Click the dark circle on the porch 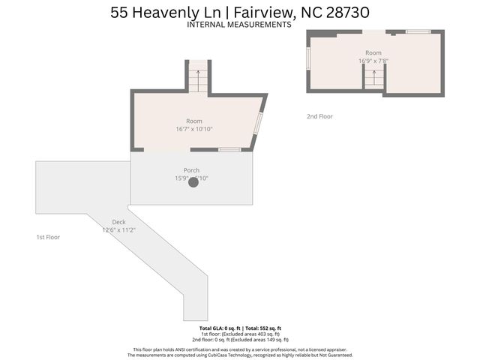pos(193,181)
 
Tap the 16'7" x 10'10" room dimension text pos(194,129)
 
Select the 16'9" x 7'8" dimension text pos(373,61)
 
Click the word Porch pos(191,170)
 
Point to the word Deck pos(118,222)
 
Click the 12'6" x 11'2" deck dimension pos(118,230)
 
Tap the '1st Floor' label pos(48,237)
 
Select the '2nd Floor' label pos(319,116)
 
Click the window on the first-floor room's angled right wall pos(258,122)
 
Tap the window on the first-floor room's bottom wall pos(229,150)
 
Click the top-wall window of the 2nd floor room pos(418,31)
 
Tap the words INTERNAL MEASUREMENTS pos(239,25)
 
